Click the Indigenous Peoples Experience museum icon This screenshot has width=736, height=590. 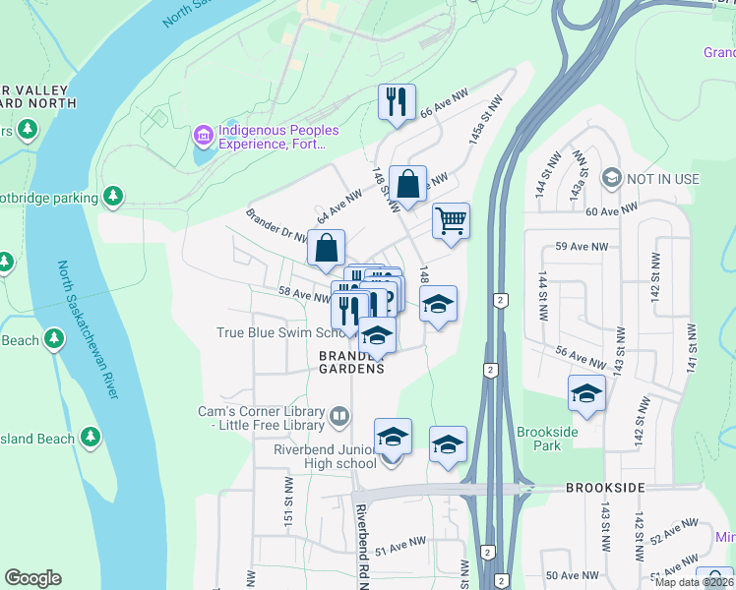[204, 133]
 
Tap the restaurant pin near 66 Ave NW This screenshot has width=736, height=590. [397, 101]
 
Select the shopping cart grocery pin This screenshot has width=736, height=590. [451, 220]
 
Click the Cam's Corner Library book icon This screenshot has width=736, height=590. [338, 418]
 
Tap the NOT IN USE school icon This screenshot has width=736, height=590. [612, 178]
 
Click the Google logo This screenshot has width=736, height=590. [32, 578]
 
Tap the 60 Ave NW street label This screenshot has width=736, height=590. [611, 210]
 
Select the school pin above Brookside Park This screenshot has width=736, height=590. [586, 393]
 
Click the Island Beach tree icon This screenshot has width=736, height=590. [91, 435]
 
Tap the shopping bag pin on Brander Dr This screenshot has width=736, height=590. [326, 248]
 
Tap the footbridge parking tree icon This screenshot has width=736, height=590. [114, 197]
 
